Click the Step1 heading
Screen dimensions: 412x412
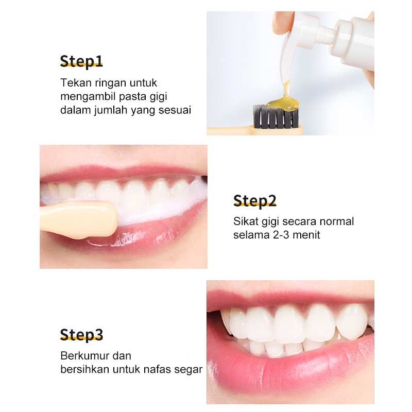[81, 61]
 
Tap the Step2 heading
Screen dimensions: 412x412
[255, 201]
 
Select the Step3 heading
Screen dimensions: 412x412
[81, 335]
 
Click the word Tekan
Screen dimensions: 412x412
[76, 83]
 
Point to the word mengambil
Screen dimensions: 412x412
[88, 96]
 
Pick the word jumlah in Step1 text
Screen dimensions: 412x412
[111, 110]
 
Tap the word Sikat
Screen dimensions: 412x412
[246, 221]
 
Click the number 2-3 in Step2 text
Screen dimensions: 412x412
[281, 235]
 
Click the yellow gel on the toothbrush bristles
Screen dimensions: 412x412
[283, 102]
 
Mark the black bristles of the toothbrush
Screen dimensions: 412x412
[276, 116]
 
